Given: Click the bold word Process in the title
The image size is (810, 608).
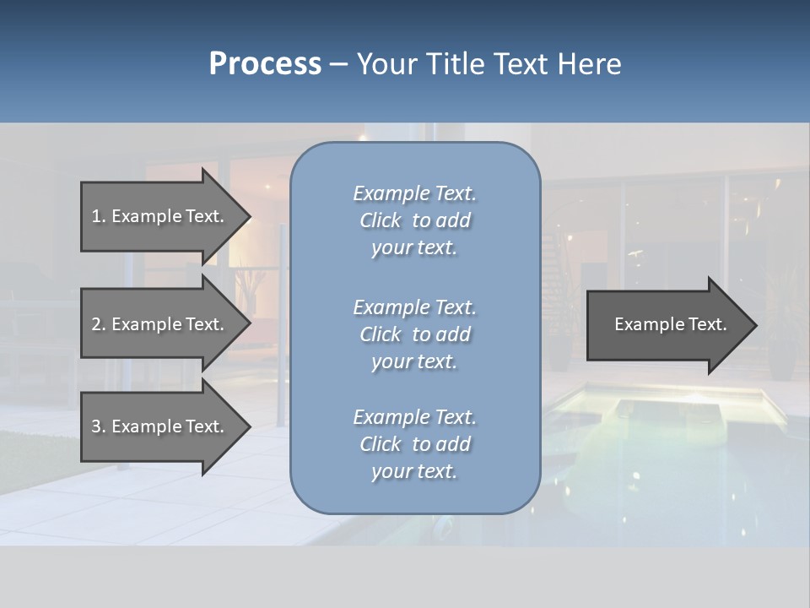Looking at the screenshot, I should tap(265, 64).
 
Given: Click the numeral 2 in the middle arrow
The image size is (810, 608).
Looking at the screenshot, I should tap(96, 324).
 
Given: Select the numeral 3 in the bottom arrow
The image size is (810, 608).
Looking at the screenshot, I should tap(96, 426).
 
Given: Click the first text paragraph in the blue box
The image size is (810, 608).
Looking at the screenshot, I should tap(414, 220).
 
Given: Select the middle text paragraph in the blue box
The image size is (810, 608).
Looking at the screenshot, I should tap(414, 334).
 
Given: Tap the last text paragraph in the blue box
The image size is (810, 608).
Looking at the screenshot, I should tap(414, 444).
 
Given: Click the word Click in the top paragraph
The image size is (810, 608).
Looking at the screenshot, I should tap(381, 220).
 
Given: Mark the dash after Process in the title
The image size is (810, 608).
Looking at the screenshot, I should tap(338, 65).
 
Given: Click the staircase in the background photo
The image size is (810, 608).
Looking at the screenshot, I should tap(560, 253).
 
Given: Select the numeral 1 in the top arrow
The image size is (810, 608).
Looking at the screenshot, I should tap(95, 216).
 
